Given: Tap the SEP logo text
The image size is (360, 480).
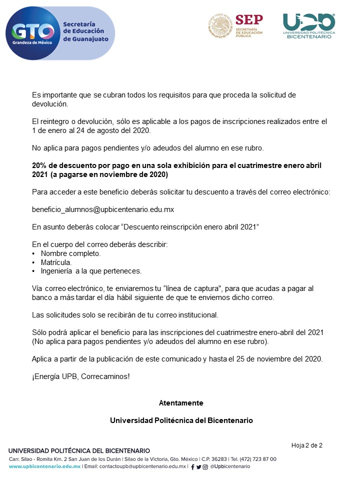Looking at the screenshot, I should pyautogui.click(x=248, y=20).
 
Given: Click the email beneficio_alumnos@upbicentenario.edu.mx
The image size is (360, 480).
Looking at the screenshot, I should pyautogui.click(x=103, y=209).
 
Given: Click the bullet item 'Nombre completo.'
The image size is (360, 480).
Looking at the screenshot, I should pyautogui.click(x=70, y=253).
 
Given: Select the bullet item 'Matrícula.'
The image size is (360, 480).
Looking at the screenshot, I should pyautogui.click(x=56, y=262).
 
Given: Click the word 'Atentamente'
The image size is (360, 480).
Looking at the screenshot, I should pyautogui.click(x=181, y=402).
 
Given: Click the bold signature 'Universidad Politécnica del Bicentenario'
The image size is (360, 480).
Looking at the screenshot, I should pyautogui.click(x=181, y=420).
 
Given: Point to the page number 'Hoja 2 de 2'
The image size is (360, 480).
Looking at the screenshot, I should pyautogui.click(x=306, y=445).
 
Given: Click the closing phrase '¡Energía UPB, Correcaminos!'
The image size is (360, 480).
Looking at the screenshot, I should pyautogui.click(x=80, y=376).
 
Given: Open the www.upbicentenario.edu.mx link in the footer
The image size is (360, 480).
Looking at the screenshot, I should pyautogui.click(x=44, y=466).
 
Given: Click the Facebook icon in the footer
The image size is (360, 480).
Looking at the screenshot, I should pyautogui.click(x=192, y=467).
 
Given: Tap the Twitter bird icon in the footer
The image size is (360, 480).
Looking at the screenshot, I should pyautogui.click(x=198, y=467).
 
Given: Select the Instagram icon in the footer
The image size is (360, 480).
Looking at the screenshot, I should pyautogui.click(x=205, y=467).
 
